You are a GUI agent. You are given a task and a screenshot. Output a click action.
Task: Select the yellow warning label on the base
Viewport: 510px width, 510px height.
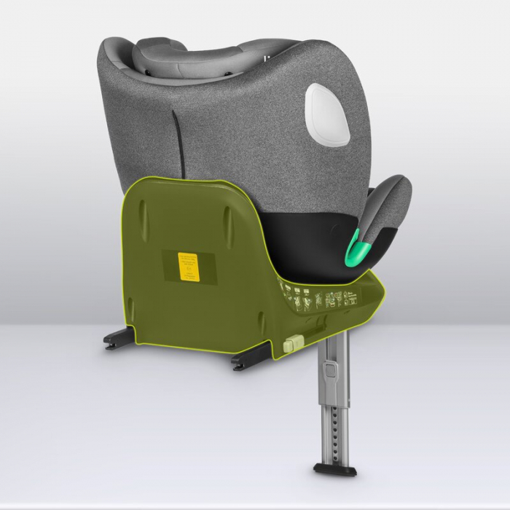(x=189, y=265)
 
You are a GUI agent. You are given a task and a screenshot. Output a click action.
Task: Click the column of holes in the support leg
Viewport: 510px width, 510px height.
(x=334, y=422)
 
